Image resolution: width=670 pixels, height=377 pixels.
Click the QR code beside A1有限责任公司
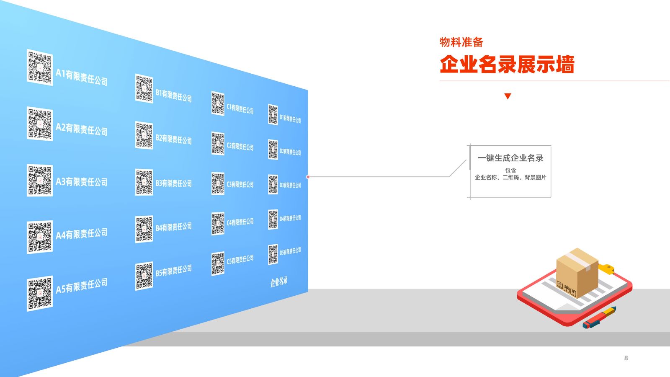coord(40,67)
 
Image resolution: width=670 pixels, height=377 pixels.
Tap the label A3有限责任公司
coord(82,181)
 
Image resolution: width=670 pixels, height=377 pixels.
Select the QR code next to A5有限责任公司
coord(40,293)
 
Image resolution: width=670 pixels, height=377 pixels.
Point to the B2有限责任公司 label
coord(173,139)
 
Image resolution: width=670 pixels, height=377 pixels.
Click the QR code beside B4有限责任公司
coord(144,229)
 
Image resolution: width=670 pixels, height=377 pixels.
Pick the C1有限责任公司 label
coord(240,109)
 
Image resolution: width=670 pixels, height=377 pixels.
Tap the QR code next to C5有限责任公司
coord(218,263)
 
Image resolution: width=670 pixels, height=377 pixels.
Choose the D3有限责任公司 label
coord(290,185)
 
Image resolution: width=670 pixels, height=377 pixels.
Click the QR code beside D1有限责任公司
coord(273,115)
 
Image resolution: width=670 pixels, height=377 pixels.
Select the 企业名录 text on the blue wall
coord(279,282)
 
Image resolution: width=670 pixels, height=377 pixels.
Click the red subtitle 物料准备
coord(461,42)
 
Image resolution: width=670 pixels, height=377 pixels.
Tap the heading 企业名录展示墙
coord(507,64)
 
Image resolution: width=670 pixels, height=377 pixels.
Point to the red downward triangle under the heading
coord(508,96)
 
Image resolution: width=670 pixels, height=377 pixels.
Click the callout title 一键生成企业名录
coord(510,158)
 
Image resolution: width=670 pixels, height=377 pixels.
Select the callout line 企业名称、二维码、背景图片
coord(510,178)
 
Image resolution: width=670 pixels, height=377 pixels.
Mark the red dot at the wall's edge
coord(308,177)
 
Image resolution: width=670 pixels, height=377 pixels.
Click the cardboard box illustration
coord(577,273)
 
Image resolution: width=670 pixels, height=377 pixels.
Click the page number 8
coord(626,358)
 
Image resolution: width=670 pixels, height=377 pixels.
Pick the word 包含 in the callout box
coord(510,170)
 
